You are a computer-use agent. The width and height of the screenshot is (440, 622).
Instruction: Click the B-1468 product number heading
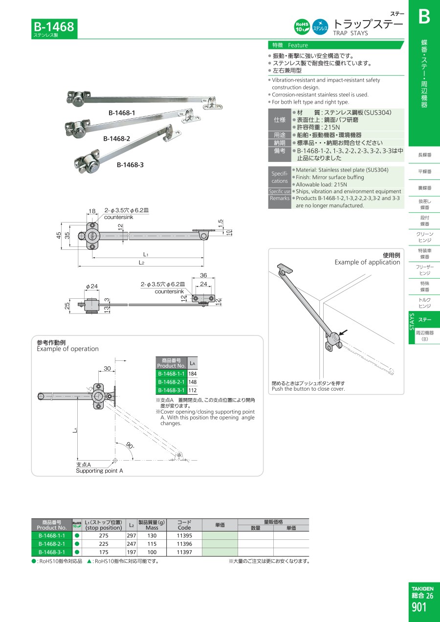tap(54, 27)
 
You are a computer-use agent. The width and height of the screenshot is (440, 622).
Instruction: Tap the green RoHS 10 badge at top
tap(302, 27)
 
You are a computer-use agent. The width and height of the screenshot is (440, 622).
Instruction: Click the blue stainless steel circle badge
tap(320, 27)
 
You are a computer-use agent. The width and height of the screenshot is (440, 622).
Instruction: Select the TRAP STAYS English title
tap(351, 33)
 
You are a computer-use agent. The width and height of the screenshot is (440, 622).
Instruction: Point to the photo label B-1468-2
tap(116, 138)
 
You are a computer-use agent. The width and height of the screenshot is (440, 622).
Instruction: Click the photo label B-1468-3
tap(130, 165)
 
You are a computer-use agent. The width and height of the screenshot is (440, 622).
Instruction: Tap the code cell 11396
tap(184, 544)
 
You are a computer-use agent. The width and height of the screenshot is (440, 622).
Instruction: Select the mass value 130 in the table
tap(152, 535)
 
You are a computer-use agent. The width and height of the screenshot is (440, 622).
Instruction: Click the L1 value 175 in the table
tap(104, 552)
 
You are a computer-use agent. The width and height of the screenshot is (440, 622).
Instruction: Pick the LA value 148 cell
tap(193, 382)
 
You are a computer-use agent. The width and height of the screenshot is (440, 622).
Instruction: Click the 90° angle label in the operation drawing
tap(130, 445)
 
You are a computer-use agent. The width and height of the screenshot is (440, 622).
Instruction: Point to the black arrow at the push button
tap(343, 332)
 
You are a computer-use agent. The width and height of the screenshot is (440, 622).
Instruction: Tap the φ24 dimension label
tap(92, 286)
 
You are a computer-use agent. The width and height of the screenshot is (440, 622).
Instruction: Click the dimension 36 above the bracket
tap(203, 275)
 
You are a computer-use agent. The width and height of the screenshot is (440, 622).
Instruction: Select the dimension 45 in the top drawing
tap(59, 236)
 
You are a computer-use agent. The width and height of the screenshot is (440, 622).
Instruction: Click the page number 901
tap(419, 607)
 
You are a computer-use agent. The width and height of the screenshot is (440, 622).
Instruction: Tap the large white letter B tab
tap(424, 17)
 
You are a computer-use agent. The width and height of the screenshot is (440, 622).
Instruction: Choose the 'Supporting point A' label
tap(99, 471)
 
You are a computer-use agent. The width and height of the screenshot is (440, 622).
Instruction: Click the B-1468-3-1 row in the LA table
tap(171, 390)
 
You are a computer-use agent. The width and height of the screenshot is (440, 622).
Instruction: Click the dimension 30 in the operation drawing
tap(107, 369)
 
